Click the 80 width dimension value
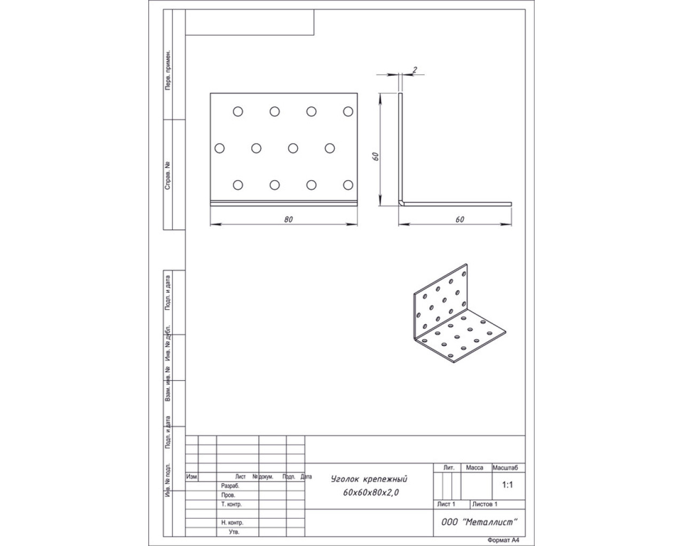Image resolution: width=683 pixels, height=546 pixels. [289, 219]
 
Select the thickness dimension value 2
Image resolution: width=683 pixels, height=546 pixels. [415, 70]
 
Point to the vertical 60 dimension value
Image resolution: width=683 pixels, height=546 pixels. [376, 156]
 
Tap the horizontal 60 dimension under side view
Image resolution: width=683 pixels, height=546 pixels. [460, 219]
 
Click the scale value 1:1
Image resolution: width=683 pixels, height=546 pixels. [507, 485]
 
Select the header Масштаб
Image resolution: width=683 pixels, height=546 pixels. [505, 468]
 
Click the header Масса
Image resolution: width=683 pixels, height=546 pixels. [474, 468]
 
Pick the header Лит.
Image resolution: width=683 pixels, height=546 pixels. [449, 468]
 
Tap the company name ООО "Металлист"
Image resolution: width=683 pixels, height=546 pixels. [479, 522]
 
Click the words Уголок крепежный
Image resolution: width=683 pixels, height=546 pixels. [369, 479]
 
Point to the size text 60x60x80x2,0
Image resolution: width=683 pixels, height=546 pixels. [371, 493]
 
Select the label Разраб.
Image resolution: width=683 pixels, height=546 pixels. [230, 486]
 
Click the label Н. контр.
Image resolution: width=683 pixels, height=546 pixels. [232, 523]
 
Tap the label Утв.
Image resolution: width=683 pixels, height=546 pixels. [234, 532]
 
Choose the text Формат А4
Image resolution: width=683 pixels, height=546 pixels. [504, 540]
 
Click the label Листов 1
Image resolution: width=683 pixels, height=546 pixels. [485, 504]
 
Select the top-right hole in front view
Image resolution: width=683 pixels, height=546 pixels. [348, 111]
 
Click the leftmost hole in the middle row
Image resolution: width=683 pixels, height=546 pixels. [220, 148]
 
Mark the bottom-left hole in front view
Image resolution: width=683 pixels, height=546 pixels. [238, 185]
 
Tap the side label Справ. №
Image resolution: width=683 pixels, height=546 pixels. [168, 176]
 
